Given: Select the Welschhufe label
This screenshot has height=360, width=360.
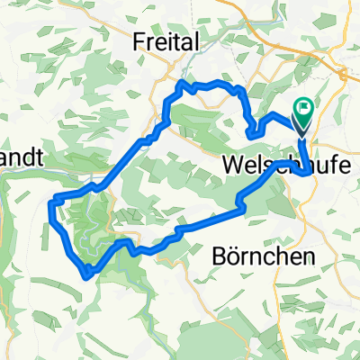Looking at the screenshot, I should click(282, 167).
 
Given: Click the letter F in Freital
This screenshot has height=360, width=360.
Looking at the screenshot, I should click(139, 40).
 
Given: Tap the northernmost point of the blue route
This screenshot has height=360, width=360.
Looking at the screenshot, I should click(186, 83).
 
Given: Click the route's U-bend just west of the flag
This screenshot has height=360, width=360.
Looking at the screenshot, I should click(252, 133).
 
